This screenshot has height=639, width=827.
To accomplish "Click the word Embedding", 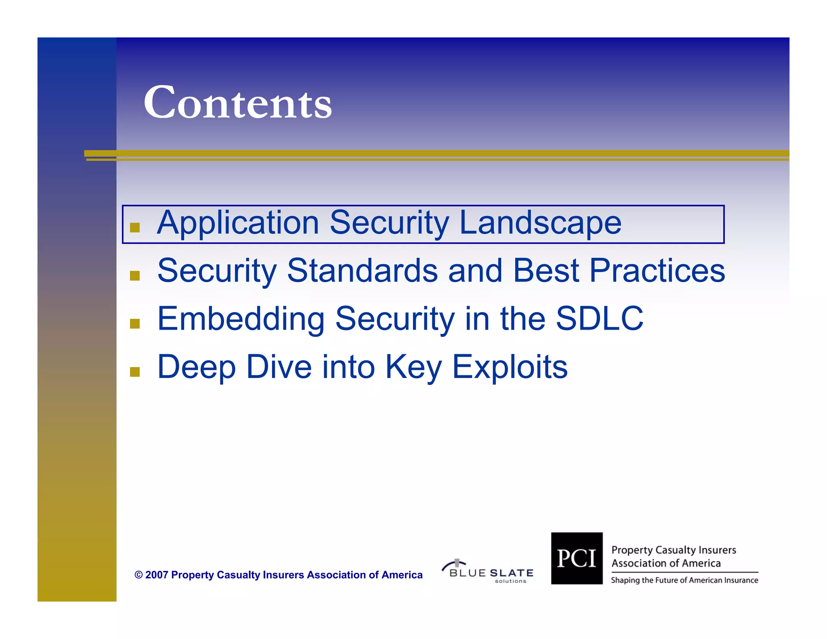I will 241,319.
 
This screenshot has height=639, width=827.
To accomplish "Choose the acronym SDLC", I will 599,319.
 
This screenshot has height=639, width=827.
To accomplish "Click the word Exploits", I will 510,367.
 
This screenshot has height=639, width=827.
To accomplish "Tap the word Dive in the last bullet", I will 279,367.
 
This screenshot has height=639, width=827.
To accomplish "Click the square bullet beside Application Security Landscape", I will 135,227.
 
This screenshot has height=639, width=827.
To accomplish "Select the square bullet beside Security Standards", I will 135,275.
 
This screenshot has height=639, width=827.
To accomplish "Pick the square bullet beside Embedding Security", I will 135,324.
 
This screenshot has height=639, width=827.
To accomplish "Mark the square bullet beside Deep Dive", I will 135,372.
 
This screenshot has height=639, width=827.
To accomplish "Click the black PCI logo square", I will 577,558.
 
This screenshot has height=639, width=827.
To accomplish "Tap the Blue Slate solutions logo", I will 489,572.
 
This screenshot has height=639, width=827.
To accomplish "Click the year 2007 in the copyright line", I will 157,575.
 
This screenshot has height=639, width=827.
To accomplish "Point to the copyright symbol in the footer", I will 139,575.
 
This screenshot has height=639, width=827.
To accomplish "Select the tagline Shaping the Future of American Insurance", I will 684,580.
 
